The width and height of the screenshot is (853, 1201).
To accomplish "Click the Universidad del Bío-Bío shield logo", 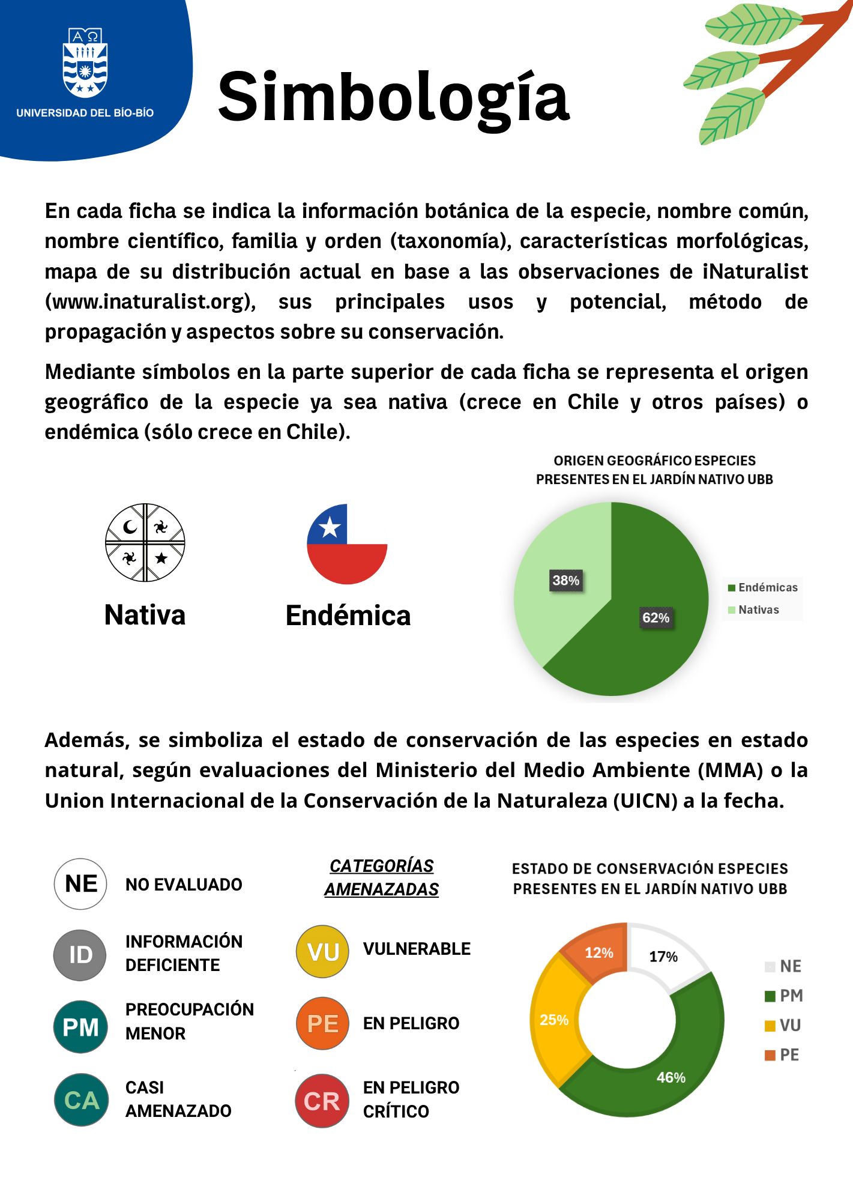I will coord(85,62).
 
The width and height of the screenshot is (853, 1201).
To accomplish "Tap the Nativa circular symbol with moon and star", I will coord(145,543).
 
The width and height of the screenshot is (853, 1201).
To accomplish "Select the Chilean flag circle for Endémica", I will coord(347,544).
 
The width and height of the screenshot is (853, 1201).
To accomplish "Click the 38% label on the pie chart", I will coord(566,581).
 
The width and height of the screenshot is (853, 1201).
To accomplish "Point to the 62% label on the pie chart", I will coord(656,618).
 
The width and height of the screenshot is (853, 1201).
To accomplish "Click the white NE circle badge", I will coord(80,884).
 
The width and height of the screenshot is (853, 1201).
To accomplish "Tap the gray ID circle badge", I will coord(80,955).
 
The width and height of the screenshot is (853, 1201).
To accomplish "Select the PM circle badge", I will coord(80,1027).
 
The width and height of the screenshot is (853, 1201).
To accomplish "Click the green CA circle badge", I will coord(82,1100).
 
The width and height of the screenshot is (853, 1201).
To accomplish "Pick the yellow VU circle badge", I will coord(323,952).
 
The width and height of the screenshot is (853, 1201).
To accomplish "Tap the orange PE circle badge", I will coord(323,1024).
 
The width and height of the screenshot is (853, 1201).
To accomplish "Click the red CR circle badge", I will coord(322,1101).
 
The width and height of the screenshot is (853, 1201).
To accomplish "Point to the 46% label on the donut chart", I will coord(671,1077).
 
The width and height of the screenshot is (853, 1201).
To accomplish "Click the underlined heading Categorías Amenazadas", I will coord(382,877).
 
